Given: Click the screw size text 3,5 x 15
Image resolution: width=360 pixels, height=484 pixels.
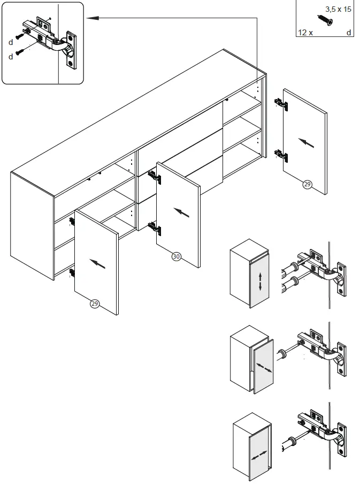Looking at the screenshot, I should [338, 10].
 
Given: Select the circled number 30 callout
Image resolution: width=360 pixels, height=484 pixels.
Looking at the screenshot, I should [176, 256].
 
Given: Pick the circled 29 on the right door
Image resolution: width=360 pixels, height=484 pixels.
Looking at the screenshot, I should [307, 185].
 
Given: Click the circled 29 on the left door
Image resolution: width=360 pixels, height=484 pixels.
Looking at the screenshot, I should [95, 304].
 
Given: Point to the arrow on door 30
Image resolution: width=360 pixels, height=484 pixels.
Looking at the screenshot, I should [182, 213].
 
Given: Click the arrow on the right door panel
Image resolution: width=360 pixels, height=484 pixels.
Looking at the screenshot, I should [306, 142].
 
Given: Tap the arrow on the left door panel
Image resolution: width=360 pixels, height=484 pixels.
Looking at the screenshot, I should [97, 263].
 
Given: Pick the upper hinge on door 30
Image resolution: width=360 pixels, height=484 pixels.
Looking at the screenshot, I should [154, 177].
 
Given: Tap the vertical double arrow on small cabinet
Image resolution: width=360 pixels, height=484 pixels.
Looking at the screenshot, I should [260, 281].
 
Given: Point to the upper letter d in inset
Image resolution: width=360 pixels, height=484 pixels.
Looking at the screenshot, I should [10, 41].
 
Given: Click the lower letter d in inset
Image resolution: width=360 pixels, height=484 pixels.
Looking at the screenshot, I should [10, 56].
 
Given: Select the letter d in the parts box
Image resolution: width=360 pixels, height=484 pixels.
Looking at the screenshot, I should [349, 33].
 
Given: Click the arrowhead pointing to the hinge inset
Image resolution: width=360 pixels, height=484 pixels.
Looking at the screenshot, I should [90, 18].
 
